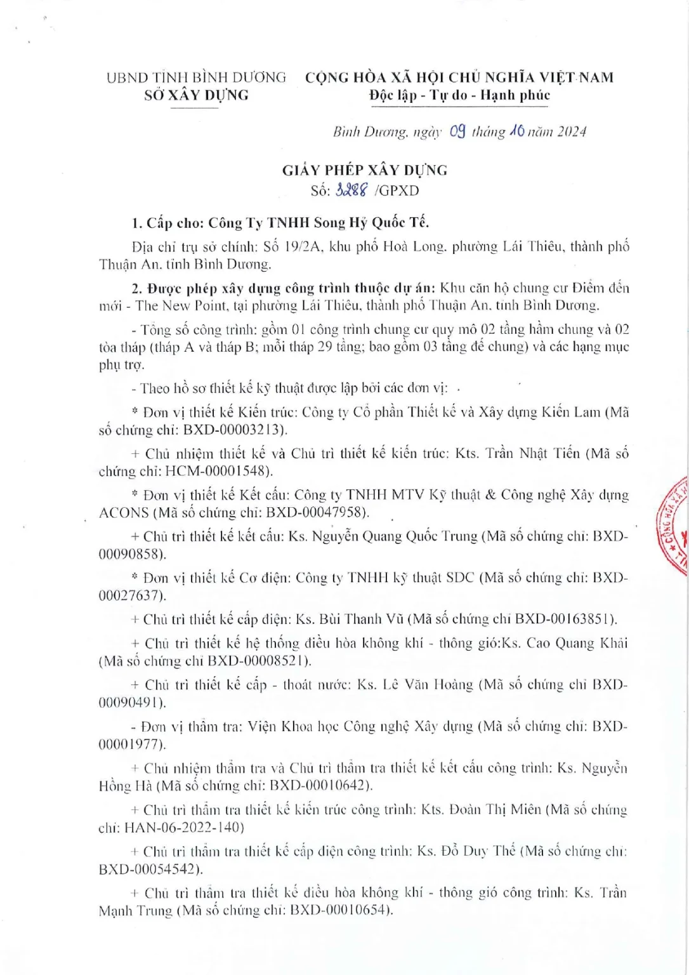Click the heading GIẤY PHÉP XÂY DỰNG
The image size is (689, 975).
365,170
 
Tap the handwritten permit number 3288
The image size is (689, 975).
351,190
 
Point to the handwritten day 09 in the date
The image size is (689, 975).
457,131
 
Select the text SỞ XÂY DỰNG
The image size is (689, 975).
196,95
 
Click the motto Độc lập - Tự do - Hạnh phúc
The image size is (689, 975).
459,95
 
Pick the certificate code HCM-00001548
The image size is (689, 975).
217,472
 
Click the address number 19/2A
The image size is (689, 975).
303,246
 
